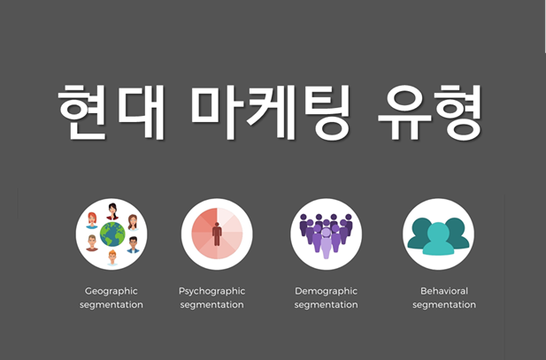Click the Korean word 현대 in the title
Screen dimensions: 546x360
pos(111,111)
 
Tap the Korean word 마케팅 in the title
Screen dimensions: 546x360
pos(270,111)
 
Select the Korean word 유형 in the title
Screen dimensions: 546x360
pos(430,111)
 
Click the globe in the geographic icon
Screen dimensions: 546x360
pos(112,234)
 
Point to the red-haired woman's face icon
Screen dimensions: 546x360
pos(92,220)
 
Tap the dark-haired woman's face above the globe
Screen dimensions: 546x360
pos(112,211)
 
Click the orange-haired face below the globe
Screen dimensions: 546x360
pos(112,257)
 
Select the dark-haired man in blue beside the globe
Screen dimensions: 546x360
pos(133,245)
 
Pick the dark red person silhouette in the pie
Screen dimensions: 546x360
pos(217,234)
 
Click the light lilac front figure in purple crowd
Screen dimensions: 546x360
pos(326,242)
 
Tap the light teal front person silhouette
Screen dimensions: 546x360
pos(438,239)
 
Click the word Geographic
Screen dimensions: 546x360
pos(112,291)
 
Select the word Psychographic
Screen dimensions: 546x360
pos(212,291)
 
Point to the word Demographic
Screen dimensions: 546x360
pos(326,291)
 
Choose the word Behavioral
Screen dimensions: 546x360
pos(444,291)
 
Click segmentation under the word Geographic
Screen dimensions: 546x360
pos(112,304)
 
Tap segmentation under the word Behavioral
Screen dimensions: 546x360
pos(444,304)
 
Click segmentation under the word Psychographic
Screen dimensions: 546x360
pos(212,304)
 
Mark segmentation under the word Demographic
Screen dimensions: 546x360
pos(326,304)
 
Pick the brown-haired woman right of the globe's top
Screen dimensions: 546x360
pos(133,222)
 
